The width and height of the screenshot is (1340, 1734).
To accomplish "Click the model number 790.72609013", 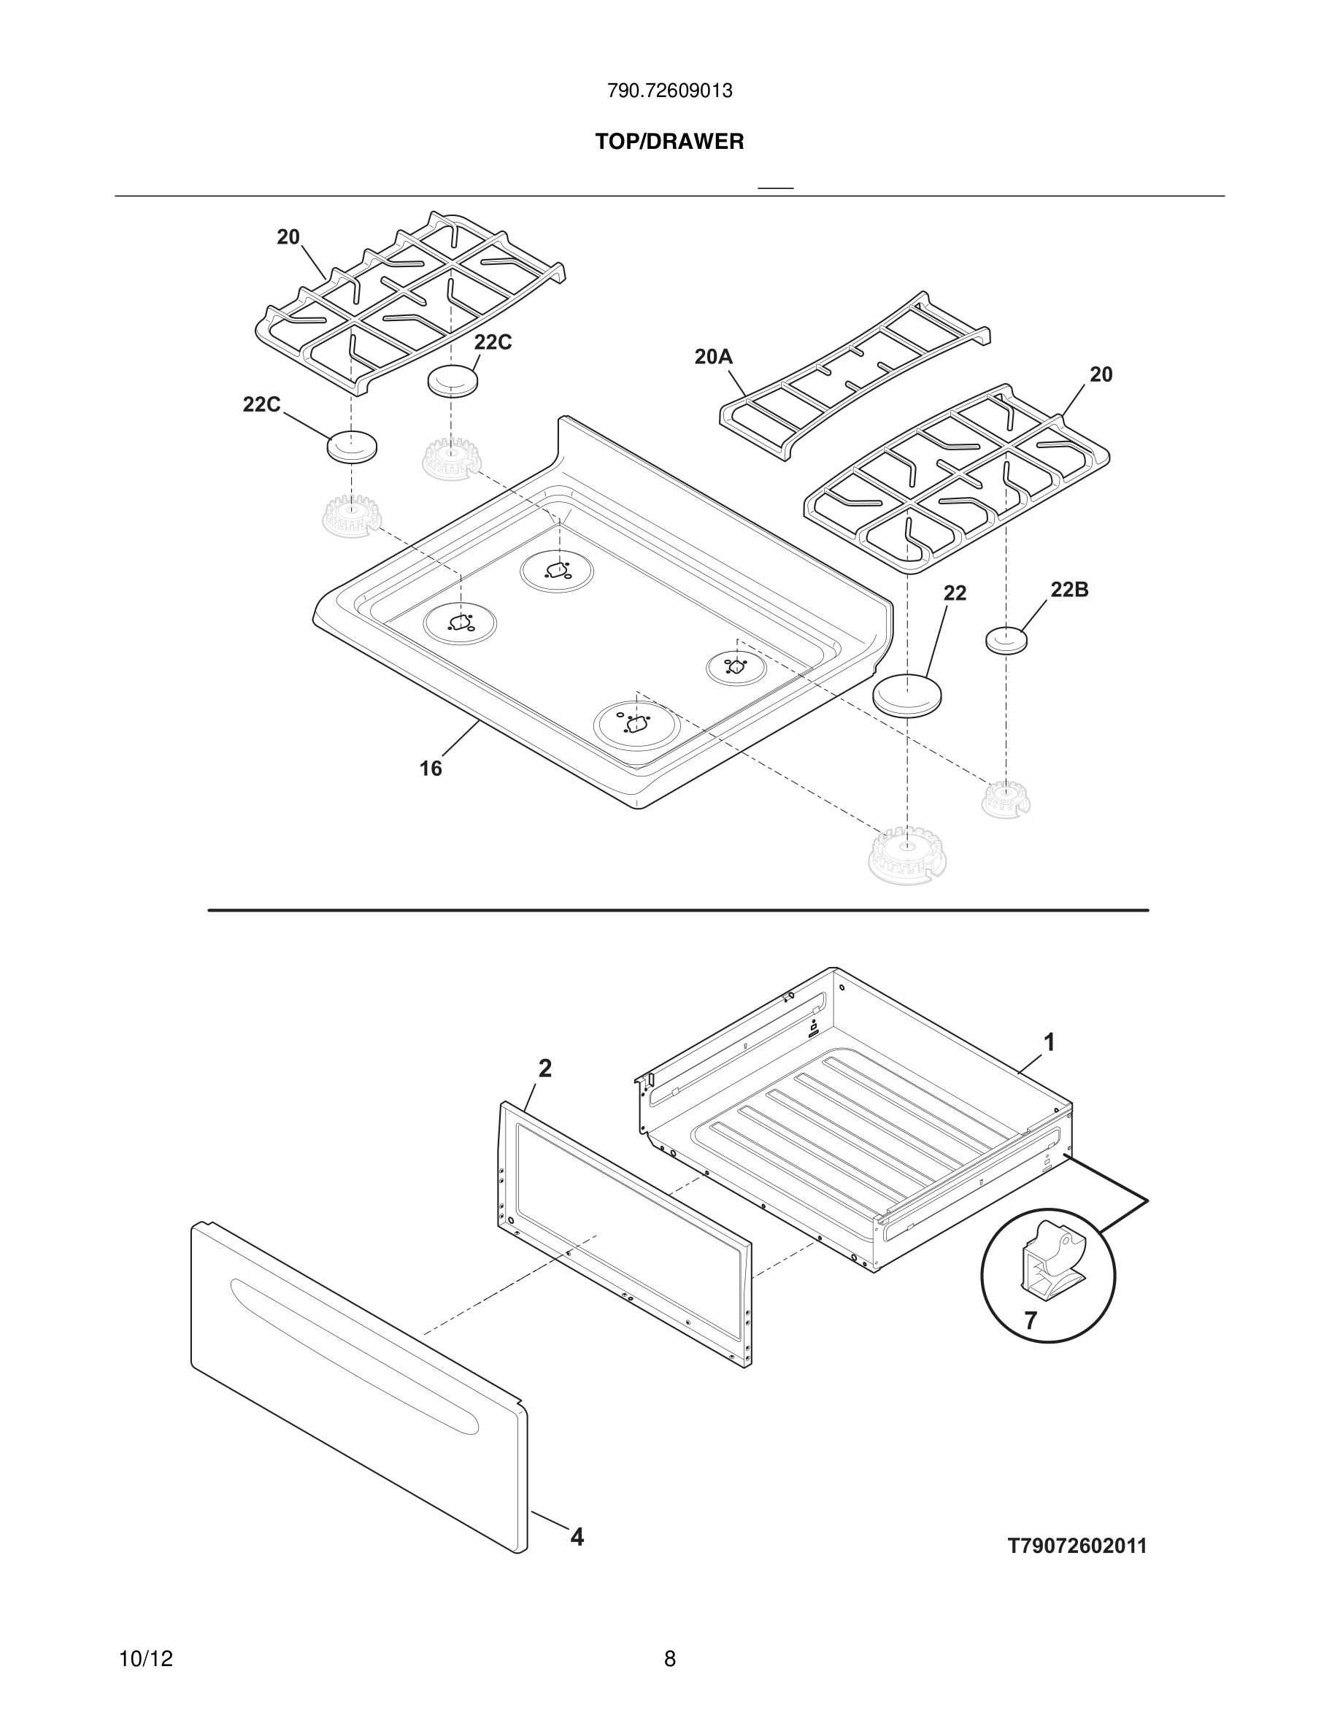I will (669, 91).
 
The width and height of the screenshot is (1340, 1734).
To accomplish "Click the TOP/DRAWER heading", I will (669, 142).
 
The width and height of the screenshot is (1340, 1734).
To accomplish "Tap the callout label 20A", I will (713, 358).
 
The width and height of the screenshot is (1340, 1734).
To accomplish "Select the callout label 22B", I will (1068, 589).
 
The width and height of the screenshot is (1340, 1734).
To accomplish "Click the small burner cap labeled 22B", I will (1006, 639).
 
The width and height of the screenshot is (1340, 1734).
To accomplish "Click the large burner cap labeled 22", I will (908, 695).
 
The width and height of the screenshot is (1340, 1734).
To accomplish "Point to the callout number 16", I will (431, 768).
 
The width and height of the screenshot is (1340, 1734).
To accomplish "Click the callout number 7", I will (1031, 1321).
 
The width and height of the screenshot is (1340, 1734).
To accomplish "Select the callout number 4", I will (577, 1537).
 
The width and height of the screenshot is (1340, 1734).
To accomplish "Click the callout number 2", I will (544, 1068).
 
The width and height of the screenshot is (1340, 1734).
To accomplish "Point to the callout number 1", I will (1050, 1041).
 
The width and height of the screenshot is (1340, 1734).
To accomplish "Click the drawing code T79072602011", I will (1077, 1546).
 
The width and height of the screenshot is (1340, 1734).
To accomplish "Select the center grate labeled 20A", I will (853, 377).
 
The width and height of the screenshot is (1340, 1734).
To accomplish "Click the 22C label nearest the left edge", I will (261, 404).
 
